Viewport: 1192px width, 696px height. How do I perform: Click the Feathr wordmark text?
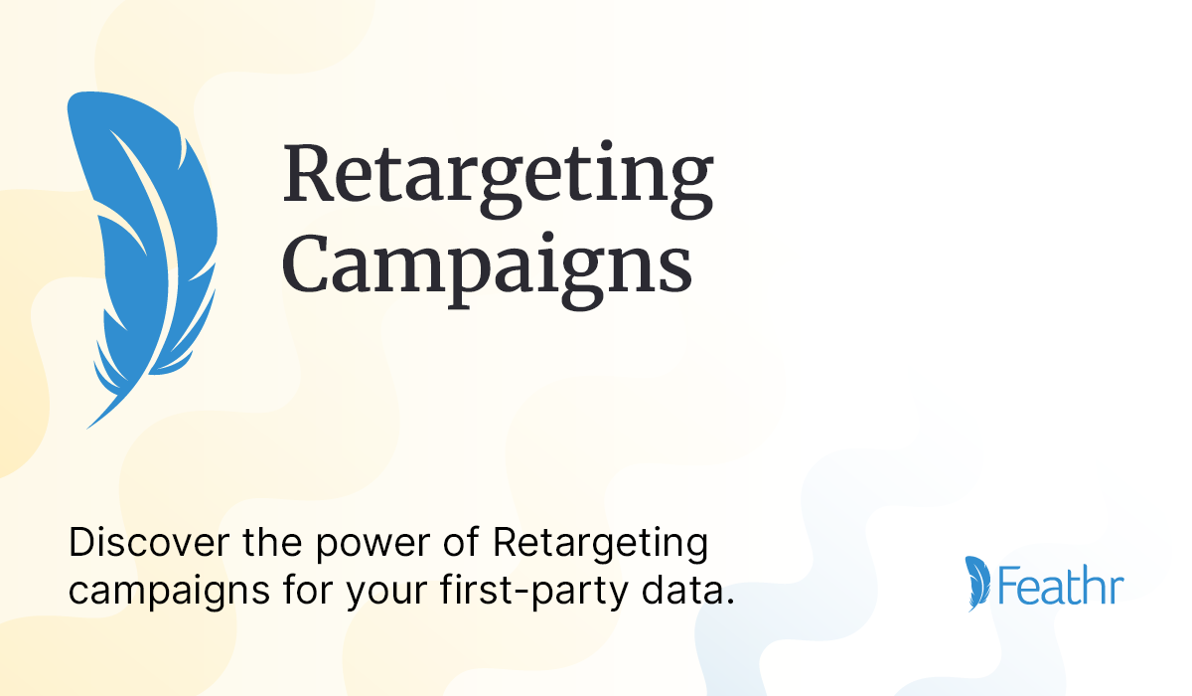[1061, 586]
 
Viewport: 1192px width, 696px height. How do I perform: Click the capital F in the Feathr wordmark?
[1010, 586]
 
